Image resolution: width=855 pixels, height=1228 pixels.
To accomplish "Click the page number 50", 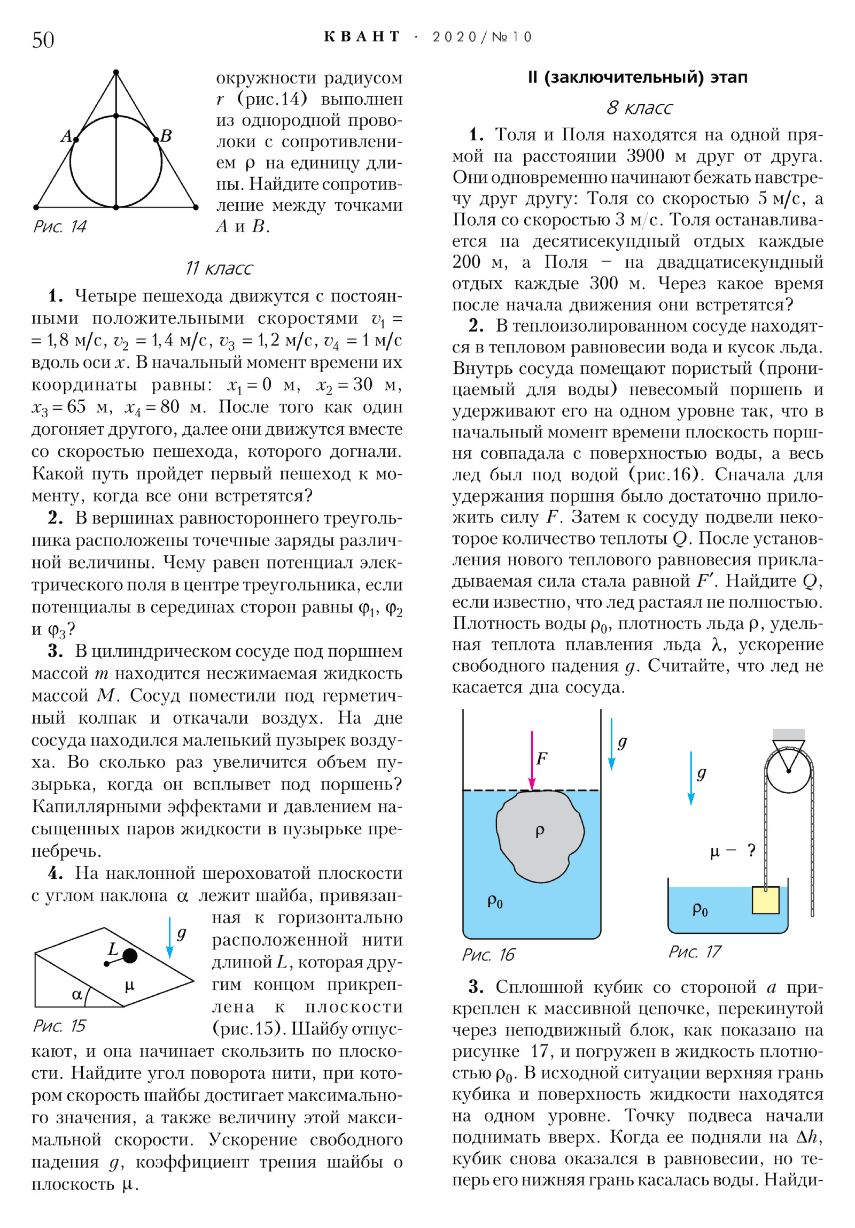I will pos(43,40).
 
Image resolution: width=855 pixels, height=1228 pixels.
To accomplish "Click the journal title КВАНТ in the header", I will pos(362,36).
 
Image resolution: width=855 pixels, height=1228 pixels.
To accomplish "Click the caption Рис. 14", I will pos(59,226).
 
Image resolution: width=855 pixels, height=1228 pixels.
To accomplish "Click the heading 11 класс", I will pos(219,268).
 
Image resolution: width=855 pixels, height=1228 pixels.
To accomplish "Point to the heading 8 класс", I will pos(639,108).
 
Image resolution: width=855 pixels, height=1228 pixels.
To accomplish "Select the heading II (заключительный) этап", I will pos(637,78).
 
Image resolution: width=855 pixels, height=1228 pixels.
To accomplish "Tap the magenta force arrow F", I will pos(532,759).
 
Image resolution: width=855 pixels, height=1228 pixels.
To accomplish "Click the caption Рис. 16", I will pos(488,955).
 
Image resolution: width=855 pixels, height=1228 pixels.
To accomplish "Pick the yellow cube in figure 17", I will pos(765,900).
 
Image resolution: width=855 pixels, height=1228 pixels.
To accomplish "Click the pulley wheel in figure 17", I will pos(789,771).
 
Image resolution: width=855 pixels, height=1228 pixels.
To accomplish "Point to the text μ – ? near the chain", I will pos(732,851).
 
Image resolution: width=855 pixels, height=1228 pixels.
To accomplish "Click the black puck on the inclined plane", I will pos(130,956).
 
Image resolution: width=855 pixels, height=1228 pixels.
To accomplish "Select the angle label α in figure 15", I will pos(77,994).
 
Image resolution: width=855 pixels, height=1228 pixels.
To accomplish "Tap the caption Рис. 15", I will pos(59,1026).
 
